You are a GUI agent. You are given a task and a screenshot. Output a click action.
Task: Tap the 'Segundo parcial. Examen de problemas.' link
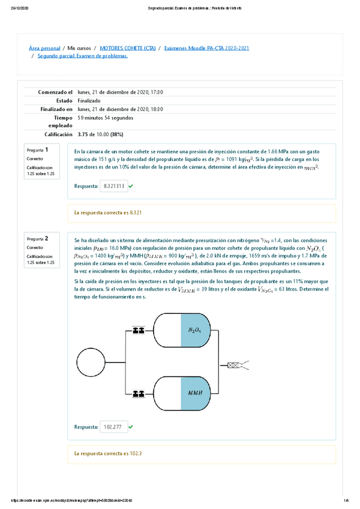82,56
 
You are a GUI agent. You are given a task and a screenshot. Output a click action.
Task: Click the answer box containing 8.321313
114,187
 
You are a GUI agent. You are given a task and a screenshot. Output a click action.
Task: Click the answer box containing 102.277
113,427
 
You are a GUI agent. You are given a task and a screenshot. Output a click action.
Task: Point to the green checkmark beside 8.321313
131,187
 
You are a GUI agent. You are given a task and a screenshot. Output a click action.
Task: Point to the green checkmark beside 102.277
131,427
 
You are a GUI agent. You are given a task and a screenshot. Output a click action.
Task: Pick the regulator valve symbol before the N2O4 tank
139,330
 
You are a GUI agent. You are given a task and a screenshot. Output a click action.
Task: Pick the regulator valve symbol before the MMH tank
139,394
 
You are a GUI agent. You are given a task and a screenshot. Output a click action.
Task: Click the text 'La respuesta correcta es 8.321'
107,212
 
